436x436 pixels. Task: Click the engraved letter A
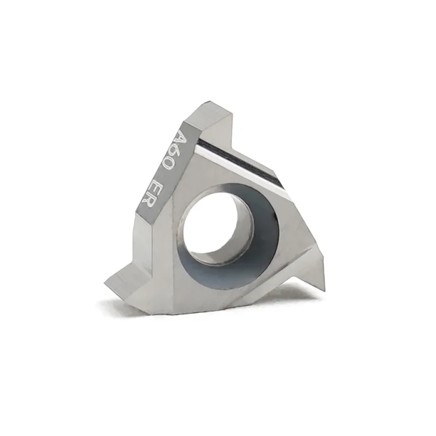(x=182, y=138)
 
